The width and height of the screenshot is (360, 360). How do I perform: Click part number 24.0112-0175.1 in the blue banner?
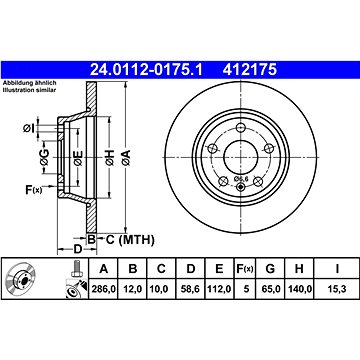(146, 70)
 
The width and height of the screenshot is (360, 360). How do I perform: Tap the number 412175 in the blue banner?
(250, 70)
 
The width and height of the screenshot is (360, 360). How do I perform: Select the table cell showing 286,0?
(104, 289)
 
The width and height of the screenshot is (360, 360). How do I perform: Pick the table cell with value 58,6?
(190, 289)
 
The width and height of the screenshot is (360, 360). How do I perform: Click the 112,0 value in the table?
(219, 289)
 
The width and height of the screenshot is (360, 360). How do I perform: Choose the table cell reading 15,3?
(337, 289)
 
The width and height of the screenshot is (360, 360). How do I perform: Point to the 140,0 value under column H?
(299, 289)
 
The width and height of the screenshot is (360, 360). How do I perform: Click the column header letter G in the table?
(270, 268)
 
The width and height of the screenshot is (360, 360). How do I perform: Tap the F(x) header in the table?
(245, 268)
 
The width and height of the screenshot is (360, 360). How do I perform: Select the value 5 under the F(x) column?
(246, 289)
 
